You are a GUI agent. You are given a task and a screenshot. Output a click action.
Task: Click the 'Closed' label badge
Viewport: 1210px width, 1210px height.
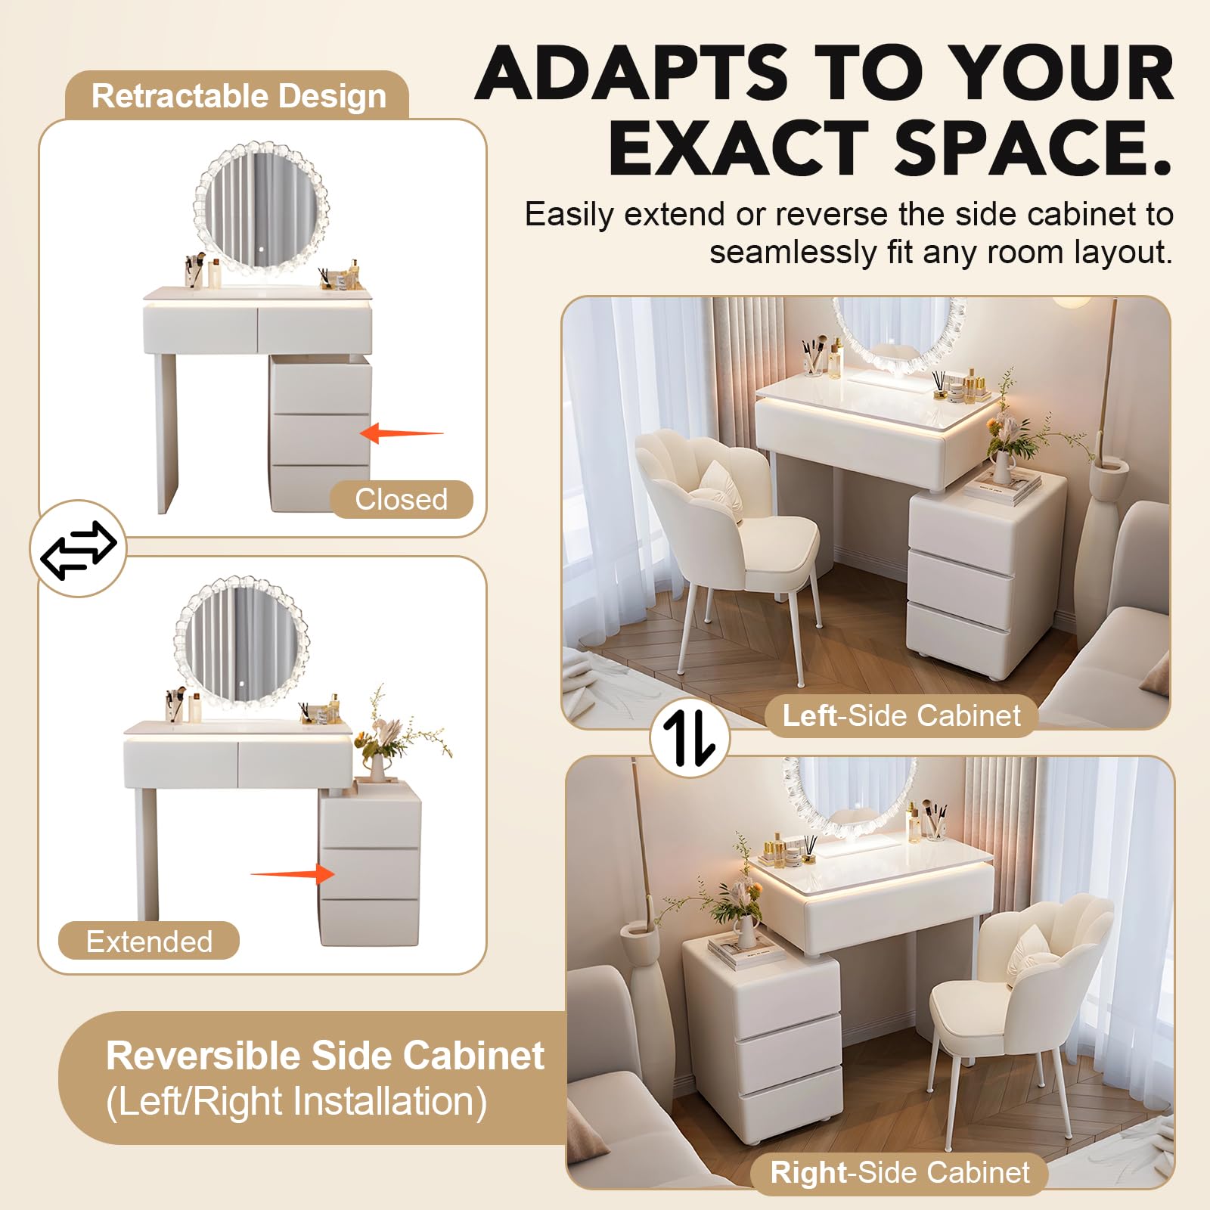(x=402, y=499)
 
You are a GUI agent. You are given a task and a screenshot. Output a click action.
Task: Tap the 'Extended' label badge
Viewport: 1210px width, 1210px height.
(x=149, y=941)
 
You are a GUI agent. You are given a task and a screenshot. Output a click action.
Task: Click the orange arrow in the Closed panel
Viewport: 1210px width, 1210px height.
(x=401, y=433)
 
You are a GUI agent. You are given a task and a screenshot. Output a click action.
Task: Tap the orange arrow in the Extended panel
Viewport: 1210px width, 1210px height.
(x=293, y=874)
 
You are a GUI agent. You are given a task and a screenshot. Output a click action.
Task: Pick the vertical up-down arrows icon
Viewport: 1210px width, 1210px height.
(x=689, y=737)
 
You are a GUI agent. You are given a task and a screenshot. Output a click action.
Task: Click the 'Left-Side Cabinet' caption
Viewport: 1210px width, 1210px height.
(x=901, y=715)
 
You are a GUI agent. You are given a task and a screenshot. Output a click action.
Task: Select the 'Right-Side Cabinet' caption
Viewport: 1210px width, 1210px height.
(x=900, y=1173)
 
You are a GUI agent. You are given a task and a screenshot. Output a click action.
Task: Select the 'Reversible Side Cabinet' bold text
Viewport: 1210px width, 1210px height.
(x=325, y=1056)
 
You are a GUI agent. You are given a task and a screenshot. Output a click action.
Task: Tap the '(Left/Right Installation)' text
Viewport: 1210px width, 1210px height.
(x=296, y=1101)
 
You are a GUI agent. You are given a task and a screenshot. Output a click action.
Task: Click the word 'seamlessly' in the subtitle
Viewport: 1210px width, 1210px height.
(x=791, y=253)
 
